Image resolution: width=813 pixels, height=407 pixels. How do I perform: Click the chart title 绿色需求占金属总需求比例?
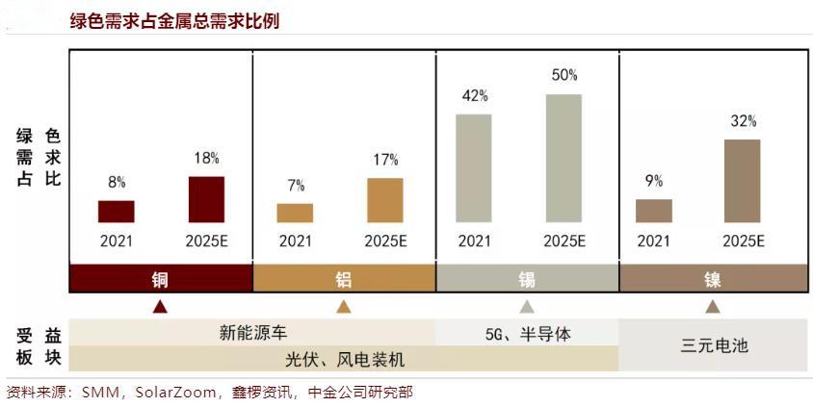click(174, 20)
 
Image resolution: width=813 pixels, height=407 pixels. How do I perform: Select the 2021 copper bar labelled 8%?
click(116, 212)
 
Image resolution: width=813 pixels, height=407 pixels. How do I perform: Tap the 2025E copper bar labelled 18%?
click(206, 199)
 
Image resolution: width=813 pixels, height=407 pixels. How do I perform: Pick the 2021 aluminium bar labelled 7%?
click(295, 213)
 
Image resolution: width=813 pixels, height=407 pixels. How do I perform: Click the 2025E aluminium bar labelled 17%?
click(385, 200)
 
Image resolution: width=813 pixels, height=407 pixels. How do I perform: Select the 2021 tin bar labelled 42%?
click(474, 168)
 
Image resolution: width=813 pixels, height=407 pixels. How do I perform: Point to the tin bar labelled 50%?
click(564, 159)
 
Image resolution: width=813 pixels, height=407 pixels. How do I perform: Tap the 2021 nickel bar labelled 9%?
click(654, 211)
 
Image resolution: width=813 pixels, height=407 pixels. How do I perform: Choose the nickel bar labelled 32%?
click(743, 181)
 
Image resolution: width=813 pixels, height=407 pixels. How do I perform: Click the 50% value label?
click(564, 75)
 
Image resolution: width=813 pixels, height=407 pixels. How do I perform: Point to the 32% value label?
click(743, 121)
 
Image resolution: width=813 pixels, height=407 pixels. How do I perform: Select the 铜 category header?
click(160, 280)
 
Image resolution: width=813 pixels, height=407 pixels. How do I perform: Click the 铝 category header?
click(344, 280)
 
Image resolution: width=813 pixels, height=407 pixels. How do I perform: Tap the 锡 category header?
click(527, 280)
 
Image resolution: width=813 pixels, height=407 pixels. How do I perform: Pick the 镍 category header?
click(712, 280)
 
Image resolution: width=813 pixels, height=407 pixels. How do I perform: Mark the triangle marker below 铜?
click(160, 307)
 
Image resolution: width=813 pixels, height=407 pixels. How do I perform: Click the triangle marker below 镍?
click(712, 307)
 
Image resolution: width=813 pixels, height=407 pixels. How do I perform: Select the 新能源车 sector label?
click(251, 334)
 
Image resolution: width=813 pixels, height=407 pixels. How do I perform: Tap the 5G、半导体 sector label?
click(528, 334)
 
